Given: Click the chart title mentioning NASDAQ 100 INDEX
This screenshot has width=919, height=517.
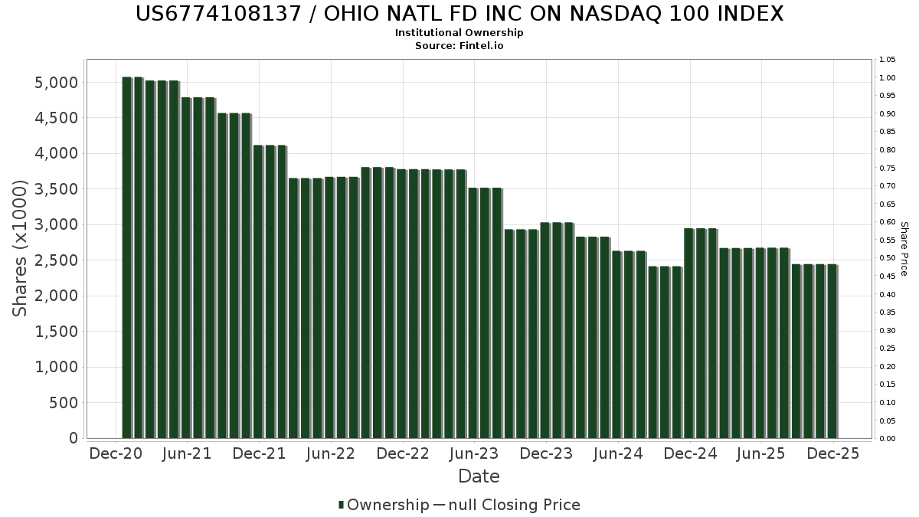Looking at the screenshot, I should click(x=459, y=14).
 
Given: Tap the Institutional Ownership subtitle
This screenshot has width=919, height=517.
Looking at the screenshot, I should click(x=459, y=33).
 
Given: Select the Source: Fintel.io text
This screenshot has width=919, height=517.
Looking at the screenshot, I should click(x=459, y=46).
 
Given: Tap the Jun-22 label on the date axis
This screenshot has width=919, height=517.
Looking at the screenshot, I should click(x=331, y=454).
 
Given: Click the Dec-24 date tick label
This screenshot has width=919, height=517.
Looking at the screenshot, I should click(x=690, y=454).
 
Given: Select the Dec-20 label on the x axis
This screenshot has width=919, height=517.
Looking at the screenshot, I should click(x=116, y=454).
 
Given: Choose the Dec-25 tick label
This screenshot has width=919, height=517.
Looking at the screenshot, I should click(x=833, y=454).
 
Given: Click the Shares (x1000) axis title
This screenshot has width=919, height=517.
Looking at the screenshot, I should click(x=21, y=248).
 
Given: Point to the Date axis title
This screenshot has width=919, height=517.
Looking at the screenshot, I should click(x=479, y=476).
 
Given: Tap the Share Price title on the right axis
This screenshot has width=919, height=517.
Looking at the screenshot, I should click(x=904, y=248).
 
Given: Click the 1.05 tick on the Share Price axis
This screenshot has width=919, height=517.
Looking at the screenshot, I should click(x=888, y=60).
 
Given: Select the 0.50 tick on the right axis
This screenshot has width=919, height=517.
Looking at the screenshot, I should click(x=888, y=258).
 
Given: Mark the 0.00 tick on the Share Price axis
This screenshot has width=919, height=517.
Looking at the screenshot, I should click(x=888, y=439).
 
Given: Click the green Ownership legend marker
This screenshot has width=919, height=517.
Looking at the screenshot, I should click(x=341, y=505).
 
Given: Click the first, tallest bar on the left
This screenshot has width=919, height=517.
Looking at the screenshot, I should click(x=127, y=257).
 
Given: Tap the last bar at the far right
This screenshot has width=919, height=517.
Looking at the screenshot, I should click(x=832, y=351).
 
